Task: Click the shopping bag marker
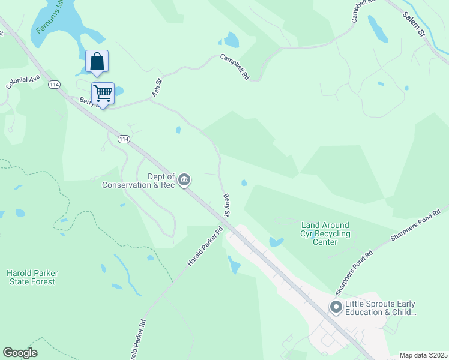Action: click(97, 61)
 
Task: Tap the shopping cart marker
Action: click(103, 94)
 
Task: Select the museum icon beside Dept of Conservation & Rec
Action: click(185, 180)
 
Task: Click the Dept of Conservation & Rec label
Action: click(139, 181)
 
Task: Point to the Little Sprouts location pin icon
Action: click(336, 308)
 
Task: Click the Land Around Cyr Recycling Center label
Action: click(325, 233)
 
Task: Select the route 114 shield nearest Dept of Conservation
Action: click(124, 139)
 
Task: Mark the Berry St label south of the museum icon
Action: click(228, 205)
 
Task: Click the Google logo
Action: click(20, 353)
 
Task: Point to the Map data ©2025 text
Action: click(423, 355)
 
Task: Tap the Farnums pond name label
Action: click(49, 16)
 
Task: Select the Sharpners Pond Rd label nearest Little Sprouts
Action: click(354, 272)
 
